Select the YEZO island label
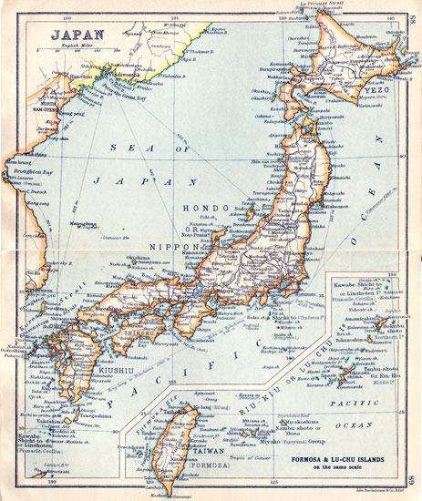coord(373,91)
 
